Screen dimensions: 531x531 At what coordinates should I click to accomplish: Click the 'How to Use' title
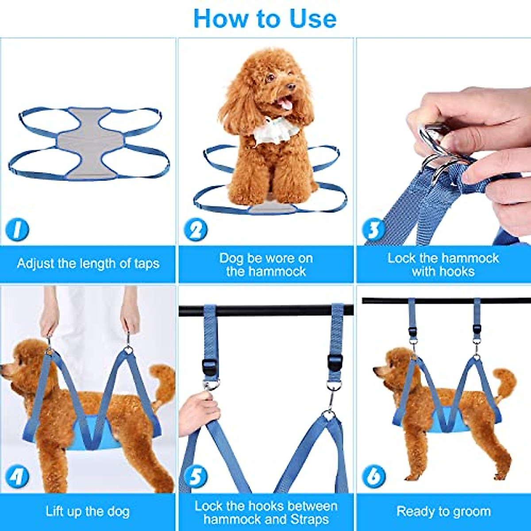[265, 19]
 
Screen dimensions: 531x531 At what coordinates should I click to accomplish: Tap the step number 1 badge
[17, 230]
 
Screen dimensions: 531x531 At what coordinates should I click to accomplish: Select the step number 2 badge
[195, 230]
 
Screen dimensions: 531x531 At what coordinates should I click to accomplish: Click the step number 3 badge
[373, 230]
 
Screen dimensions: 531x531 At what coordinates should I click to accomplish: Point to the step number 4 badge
[17, 477]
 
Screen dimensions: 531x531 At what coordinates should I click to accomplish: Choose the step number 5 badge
[195, 477]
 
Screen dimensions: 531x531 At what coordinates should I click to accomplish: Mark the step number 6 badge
[373, 477]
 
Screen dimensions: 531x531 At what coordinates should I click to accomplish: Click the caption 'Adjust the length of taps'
[88, 264]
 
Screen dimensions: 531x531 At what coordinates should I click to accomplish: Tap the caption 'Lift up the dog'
[88, 512]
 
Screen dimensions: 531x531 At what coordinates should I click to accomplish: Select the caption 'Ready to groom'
[443, 512]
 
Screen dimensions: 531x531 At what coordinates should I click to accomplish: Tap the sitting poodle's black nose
[290, 87]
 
